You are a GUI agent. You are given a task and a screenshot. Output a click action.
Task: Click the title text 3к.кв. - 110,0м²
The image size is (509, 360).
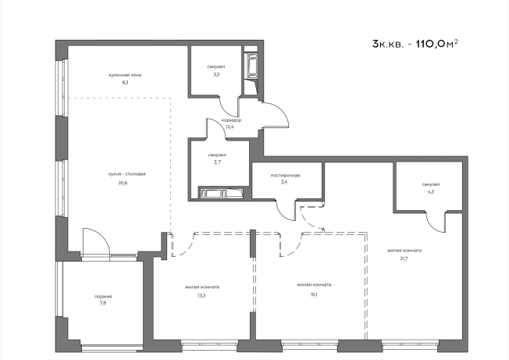(415, 44)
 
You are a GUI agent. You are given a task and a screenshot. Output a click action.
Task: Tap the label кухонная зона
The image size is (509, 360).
(125, 75)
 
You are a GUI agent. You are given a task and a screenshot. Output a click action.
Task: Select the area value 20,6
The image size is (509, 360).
(123, 183)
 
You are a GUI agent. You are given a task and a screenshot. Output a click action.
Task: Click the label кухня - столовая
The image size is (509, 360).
(127, 174)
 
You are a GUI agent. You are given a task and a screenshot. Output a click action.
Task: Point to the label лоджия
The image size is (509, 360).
(103, 297)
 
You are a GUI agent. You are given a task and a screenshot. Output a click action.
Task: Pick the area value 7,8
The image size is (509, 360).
(103, 303)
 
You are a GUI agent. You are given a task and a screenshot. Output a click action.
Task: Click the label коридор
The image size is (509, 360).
(231, 120)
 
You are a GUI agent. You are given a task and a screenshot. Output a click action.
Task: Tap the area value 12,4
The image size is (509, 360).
(230, 127)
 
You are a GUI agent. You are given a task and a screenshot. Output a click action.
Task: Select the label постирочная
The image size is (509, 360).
(286, 175)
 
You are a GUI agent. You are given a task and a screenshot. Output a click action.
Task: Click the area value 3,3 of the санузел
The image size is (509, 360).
(216, 74)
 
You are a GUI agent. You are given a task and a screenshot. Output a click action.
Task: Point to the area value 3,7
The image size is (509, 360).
(217, 162)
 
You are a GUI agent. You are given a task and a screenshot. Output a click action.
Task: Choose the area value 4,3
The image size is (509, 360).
(431, 191)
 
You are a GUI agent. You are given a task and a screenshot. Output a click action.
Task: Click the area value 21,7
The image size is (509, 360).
(404, 258)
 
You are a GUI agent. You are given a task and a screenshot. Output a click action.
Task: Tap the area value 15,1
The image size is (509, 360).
(314, 295)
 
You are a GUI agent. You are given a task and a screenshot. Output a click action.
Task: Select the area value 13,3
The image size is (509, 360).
(201, 295)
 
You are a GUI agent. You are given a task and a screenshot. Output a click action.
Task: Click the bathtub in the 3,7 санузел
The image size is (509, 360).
(222, 193)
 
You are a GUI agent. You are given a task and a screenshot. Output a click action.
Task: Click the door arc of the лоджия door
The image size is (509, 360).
(102, 235)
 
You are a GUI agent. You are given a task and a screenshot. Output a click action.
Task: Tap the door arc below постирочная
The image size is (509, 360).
(282, 213)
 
